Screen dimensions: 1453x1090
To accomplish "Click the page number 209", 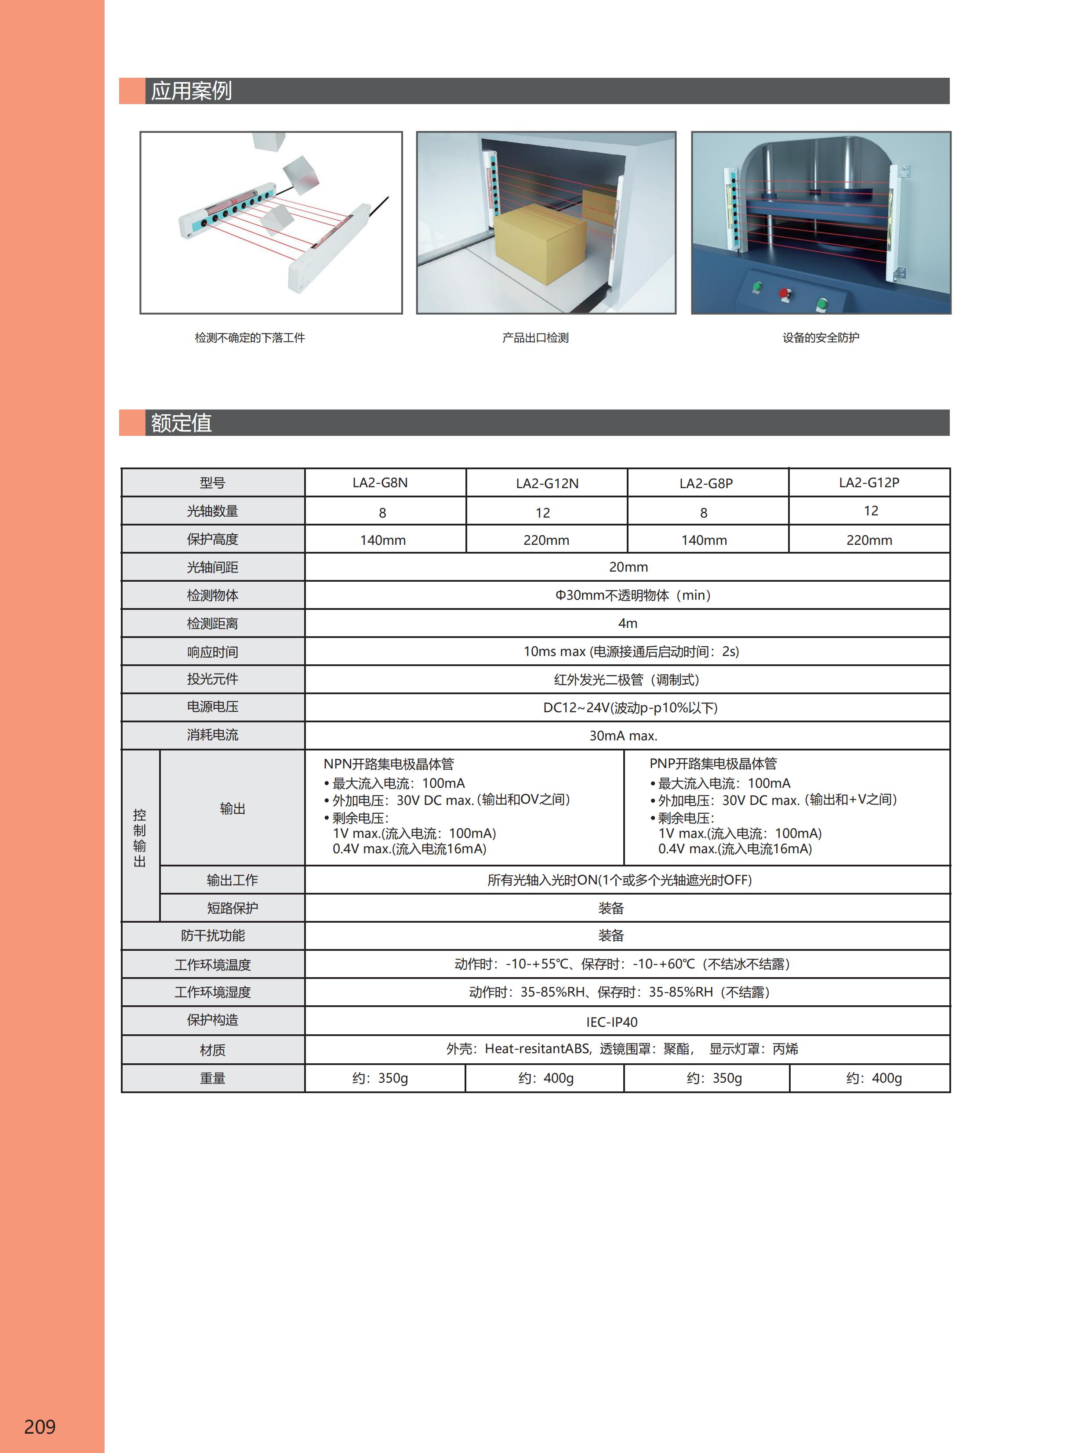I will [x=40, y=1426].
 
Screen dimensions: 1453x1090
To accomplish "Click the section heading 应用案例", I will [x=191, y=91].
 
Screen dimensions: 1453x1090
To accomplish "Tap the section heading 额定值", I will [x=182, y=422].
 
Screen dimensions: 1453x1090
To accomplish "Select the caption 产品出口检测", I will [x=535, y=337].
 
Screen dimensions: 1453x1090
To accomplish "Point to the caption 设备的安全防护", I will [x=820, y=337].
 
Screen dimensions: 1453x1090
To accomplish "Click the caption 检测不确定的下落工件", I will [x=250, y=337].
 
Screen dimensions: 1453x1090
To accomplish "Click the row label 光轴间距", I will [x=212, y=567].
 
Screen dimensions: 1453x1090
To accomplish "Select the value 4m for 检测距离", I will [x=628, y=623].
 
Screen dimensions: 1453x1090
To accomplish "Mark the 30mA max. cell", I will [x=623, y=736].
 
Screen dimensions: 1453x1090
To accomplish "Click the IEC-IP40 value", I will [x=612, y=1022].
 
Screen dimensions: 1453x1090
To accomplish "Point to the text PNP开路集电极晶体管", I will [x=713, y=763].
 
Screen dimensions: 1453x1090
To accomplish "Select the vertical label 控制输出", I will [x=140, y=837].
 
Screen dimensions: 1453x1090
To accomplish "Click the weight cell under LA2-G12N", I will [x=545, y=1078].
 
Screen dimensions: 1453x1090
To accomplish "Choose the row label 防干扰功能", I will [x=212, y=935].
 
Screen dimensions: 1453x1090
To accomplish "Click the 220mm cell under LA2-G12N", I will [x=546, y=540].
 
